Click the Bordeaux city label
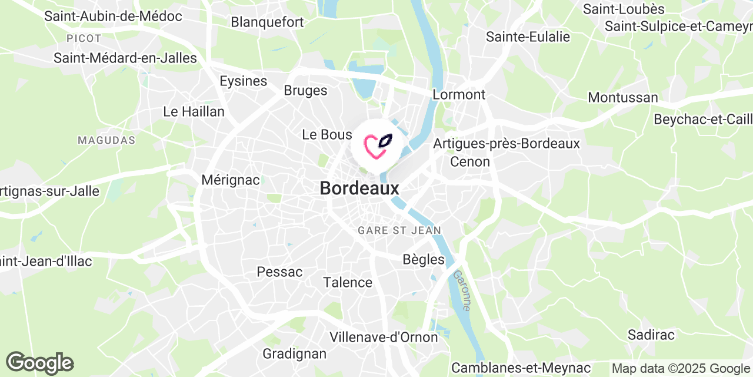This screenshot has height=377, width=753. point(359,188)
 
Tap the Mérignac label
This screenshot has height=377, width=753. point(231,180)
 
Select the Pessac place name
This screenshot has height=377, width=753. point(279,272)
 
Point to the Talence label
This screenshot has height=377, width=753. point(348,282)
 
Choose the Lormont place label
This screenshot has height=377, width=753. point(459,94)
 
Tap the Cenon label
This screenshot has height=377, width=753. point(470,161)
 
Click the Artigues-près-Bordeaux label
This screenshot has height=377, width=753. point(507,143)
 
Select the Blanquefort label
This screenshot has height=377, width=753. point(267,22)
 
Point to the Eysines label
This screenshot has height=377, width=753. point(243,81)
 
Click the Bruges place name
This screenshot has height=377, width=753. point(305,90)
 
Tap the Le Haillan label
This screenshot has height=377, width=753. point(194,111)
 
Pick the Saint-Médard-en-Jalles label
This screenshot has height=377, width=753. point(125,58)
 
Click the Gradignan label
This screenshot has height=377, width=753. point(294,353)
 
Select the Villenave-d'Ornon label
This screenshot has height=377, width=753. point(384,337)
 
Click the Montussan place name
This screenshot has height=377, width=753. point(623,97)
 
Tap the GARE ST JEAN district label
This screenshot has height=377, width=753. point(399,230)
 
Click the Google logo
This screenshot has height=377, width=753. point(39,363)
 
